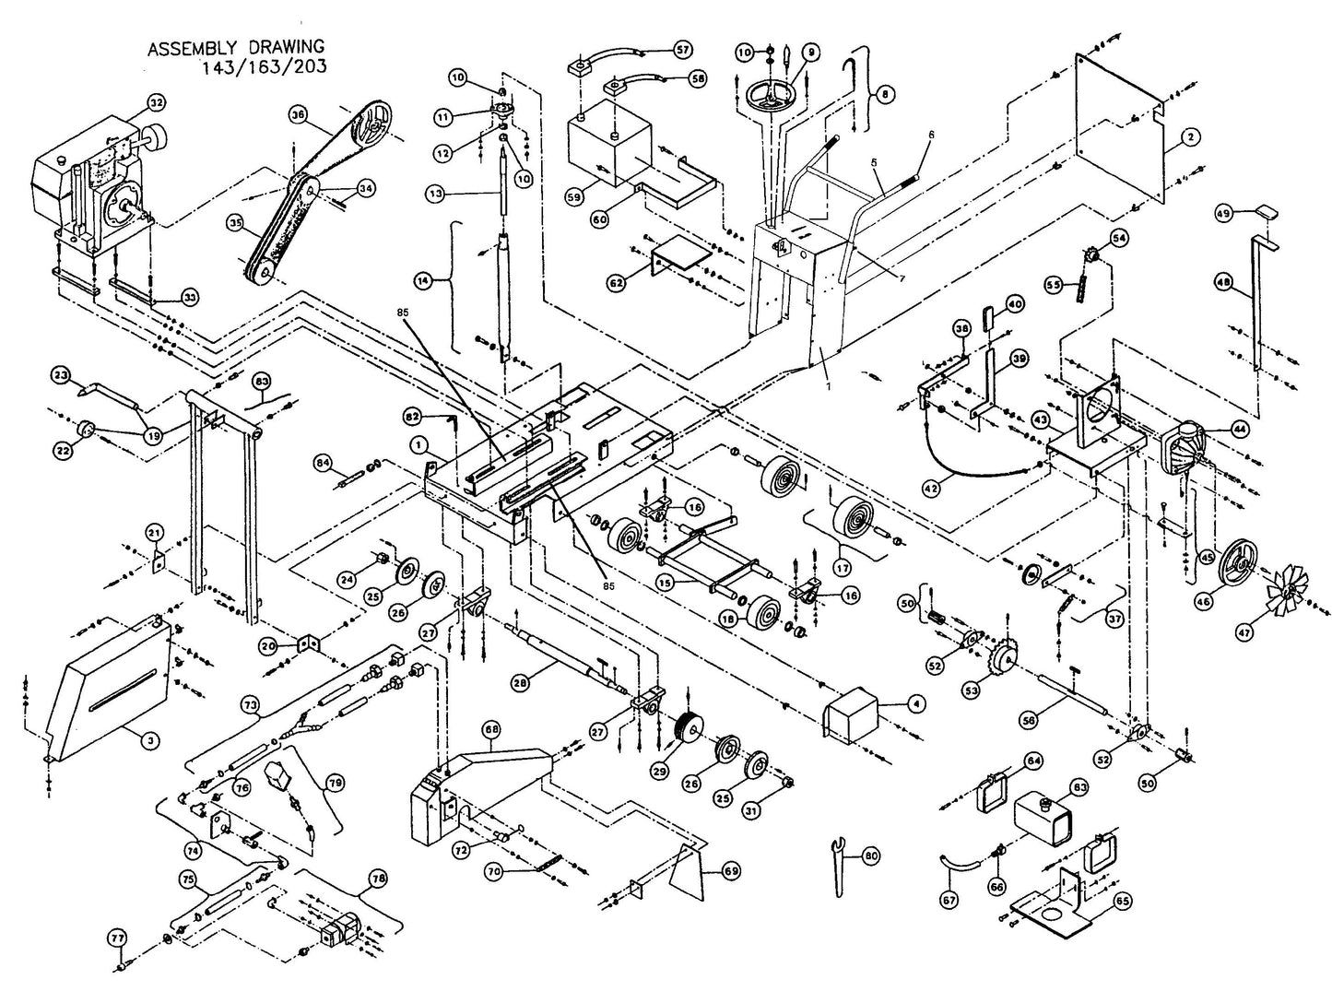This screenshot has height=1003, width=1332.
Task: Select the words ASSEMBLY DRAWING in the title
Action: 235,47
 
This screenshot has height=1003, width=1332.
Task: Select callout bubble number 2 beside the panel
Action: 1190,136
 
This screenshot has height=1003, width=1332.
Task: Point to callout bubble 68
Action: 490,729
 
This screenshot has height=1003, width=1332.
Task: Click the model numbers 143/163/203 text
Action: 266,66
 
